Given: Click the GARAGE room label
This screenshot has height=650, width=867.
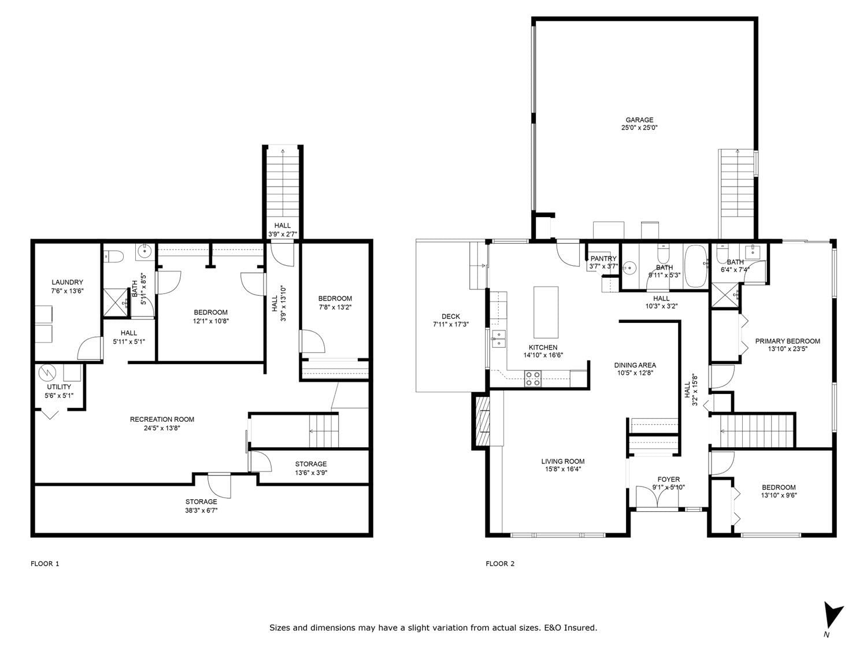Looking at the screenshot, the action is coord(639,120).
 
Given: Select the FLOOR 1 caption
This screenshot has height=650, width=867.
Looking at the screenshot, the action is coord(45,563).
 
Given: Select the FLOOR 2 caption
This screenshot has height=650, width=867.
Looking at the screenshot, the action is coord(500,563).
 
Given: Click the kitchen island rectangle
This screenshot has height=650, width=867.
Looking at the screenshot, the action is coord(546,312).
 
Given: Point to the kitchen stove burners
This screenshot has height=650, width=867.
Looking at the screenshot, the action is coord(533,378).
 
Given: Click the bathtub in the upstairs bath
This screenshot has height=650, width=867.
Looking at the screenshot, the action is coord(696,266).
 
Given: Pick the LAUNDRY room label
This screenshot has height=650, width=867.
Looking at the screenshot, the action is coord(67,282).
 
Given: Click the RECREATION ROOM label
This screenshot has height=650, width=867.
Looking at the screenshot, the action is coord(162,419).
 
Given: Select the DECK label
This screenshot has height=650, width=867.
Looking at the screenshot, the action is coord(451,317).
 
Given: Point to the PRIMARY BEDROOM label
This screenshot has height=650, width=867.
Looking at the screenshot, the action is coord(788,341).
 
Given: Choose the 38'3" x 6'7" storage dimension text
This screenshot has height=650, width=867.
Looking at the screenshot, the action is coord(201,510).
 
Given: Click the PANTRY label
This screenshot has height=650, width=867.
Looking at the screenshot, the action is coord(603,258).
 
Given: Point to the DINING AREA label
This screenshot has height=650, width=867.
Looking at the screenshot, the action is coord(635,365).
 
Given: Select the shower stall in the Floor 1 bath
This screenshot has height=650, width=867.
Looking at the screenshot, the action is coord(116,302).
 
